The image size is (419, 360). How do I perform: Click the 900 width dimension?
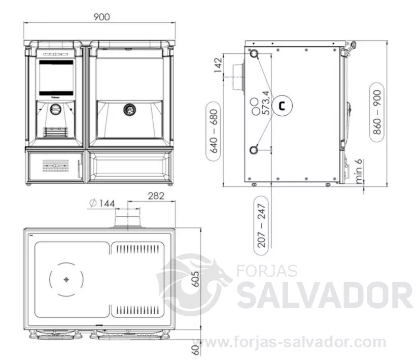click(x=101, y=17)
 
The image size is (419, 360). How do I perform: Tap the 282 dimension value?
click(x=156, y=196)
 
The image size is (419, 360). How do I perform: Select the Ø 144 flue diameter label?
click(x=102, y=204)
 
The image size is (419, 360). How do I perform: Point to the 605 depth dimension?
click(x=196, y=279)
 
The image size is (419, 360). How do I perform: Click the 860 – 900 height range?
click(x=377, y=112)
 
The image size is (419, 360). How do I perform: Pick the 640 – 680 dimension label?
click(x=214, y=131)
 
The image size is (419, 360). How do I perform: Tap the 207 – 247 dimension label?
click(x=261, y=225)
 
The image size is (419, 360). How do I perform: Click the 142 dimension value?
click(x=218, y=65)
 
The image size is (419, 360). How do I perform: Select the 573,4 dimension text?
click(x=266, y=103)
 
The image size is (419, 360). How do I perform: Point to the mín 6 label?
click(x=359, y=171)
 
